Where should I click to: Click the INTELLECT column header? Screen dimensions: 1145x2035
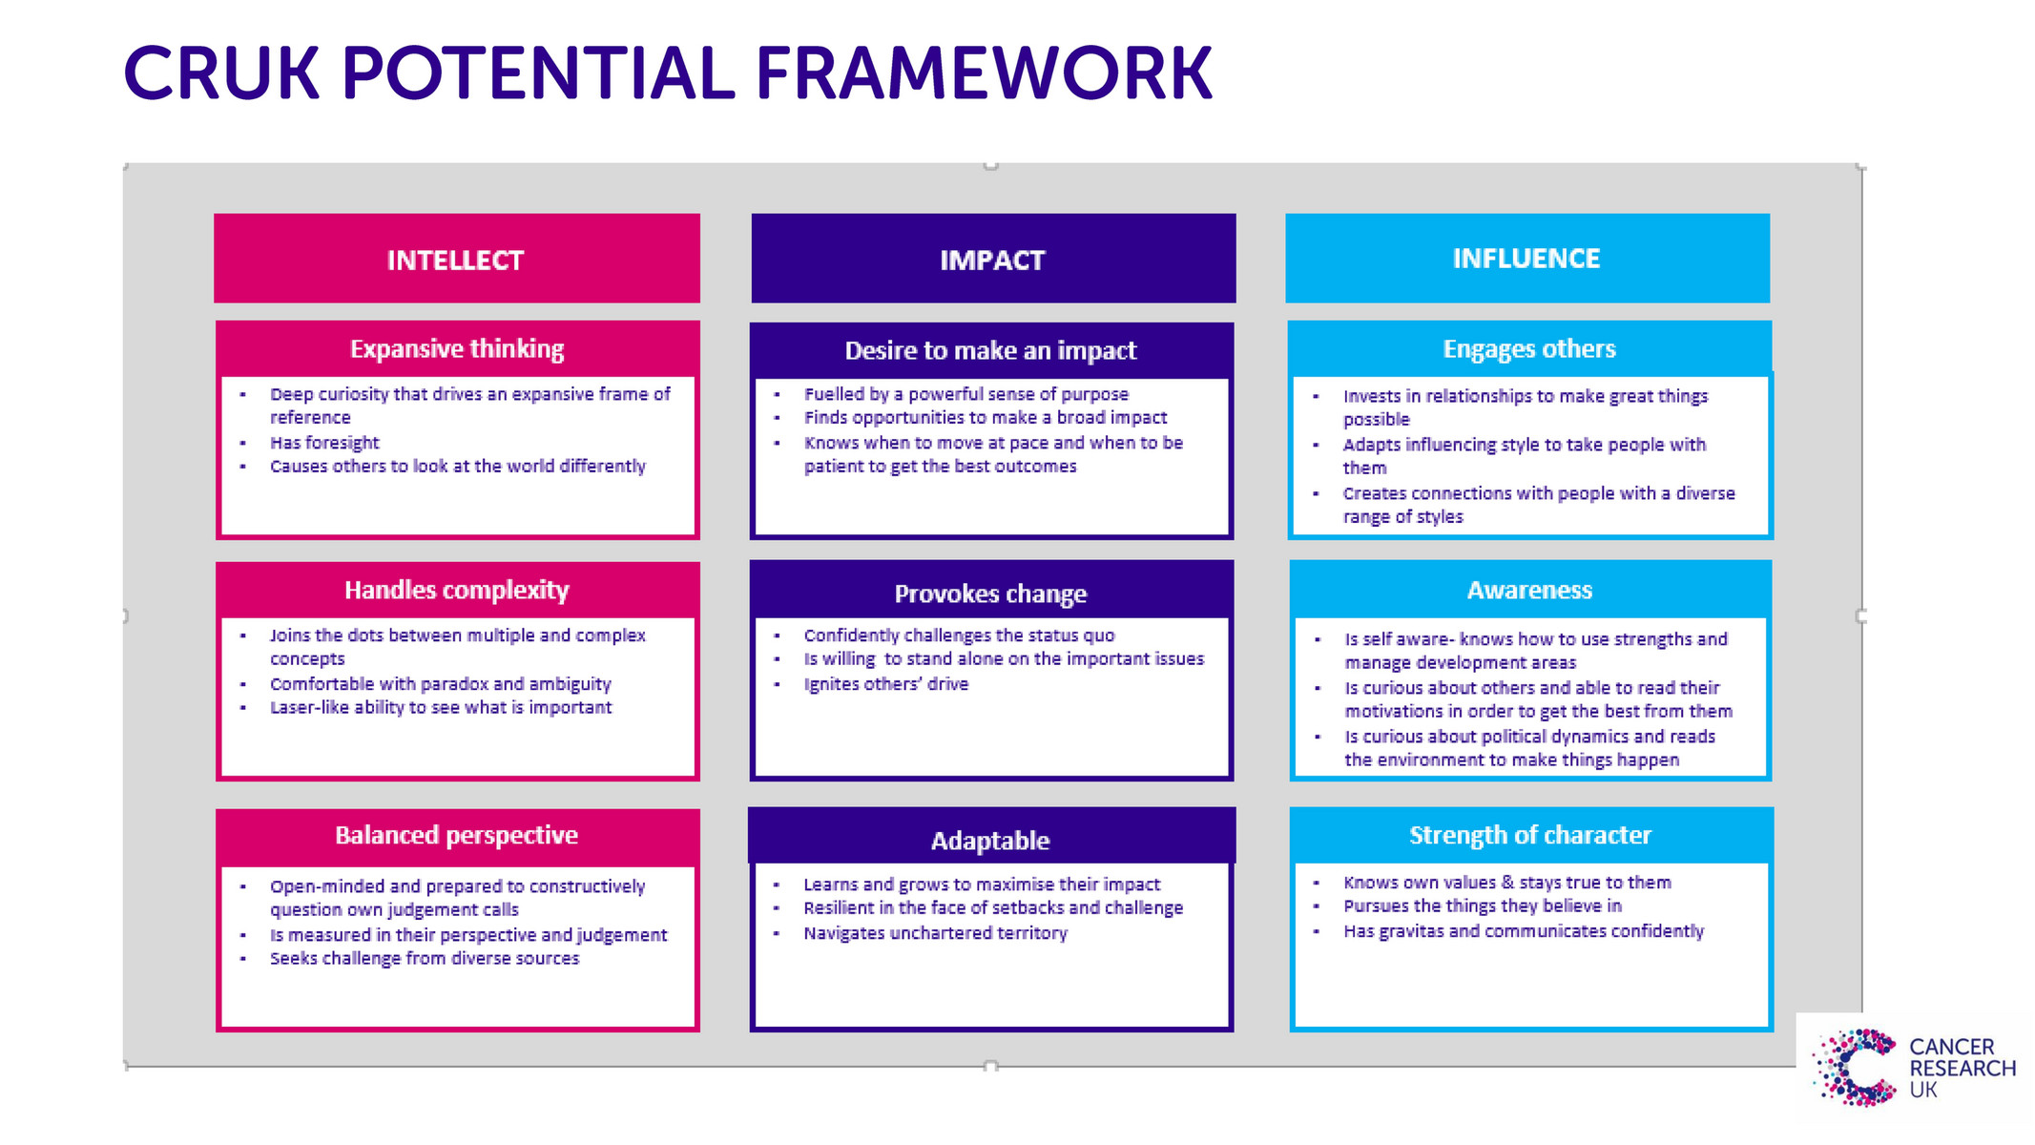click(456, 260)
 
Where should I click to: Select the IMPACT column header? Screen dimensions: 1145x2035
click(992, 260)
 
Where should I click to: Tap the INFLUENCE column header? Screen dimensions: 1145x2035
click(1526, 259)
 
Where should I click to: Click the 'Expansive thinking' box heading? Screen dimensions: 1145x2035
click(457, 349)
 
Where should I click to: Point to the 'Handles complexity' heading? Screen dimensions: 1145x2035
click(457, 591)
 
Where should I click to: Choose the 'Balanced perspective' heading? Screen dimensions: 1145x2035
click(457, 836)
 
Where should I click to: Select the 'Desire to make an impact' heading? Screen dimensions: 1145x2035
click(990, 351)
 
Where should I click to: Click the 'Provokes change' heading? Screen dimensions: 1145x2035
click(990, 594)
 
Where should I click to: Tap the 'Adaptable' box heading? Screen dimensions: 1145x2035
click(990, 841)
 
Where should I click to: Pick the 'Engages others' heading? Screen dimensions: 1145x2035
click(1529, 349)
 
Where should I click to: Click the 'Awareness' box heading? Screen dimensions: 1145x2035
click(1529, 591)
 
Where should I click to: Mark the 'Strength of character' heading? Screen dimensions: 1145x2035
click(1529, 836)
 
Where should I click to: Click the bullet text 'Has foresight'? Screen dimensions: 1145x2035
click(324, 443)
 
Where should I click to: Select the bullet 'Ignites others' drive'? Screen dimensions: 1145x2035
click(885, 684)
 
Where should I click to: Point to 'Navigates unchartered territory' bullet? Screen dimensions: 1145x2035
click(935, 933)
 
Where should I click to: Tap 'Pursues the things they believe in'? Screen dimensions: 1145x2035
click(1483, 906)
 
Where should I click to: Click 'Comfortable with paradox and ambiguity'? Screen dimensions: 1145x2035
click(440, 684)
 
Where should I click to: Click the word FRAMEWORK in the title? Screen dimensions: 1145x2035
click(984, 73)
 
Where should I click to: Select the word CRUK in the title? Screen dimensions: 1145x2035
click(221, 73)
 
